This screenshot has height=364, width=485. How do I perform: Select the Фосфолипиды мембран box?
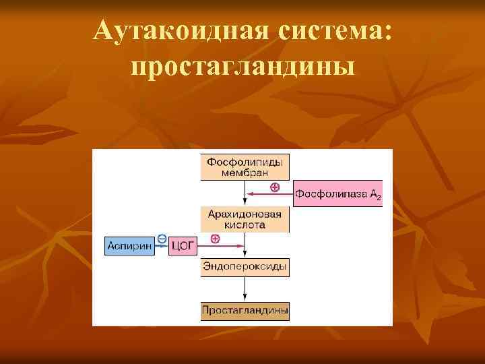click(x=245, y=167)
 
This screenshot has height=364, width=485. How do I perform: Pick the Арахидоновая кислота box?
click(x=245, y=220)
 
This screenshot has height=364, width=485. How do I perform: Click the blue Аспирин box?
click(x=128, y=247)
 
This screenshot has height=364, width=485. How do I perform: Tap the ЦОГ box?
click(x=183, y=247)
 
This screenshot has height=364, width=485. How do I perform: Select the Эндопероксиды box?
click(x=245, y=267)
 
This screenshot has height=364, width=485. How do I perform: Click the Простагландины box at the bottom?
click(x=245, y=311)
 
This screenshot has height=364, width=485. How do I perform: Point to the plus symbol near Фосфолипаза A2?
click(x=274, y=187)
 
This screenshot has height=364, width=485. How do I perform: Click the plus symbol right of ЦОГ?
click(x=215, y=239)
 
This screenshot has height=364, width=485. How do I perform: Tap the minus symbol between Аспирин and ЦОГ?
click(x=162, y=238)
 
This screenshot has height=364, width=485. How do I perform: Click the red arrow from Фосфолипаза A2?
click(x=269, y=194)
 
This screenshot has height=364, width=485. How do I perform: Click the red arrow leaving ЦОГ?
click(x=220, y=247)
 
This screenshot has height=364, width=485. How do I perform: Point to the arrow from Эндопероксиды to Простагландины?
click(x=245, y=289)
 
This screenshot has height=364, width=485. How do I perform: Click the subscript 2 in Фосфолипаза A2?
click(x=379, y=197)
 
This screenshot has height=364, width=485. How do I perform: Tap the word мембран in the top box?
click(x=245, y=173)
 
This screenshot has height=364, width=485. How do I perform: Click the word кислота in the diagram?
click(x=245, y=225)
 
